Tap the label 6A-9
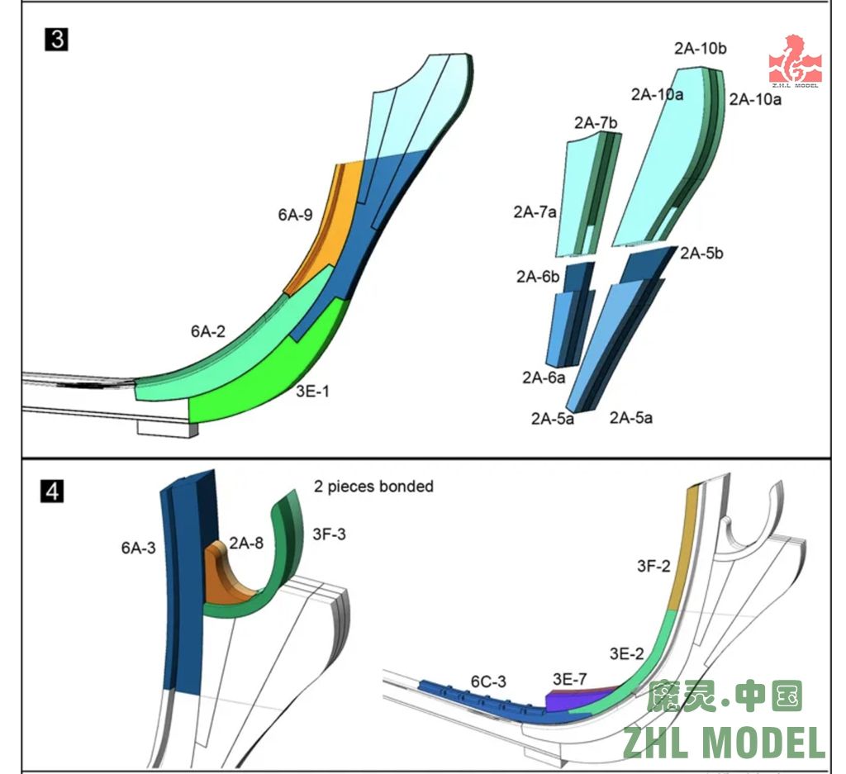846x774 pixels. pyautogui.click(x=294, y=216)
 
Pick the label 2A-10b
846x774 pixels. pyautogui.click(x=701, y=49)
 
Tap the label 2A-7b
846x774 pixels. pyautogui.click(x=596, y=123)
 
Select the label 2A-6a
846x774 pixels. pyautogui.click(x=544, y=378)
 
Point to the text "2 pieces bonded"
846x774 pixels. pyautogui.click(x=373, y=486)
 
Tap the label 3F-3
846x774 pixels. pyautogui.click(x=329, y=534)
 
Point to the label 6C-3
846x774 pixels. pyautogui.click(x=489, y=681)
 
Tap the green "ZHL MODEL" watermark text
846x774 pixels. pyautogui.click(x=724, y=743)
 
